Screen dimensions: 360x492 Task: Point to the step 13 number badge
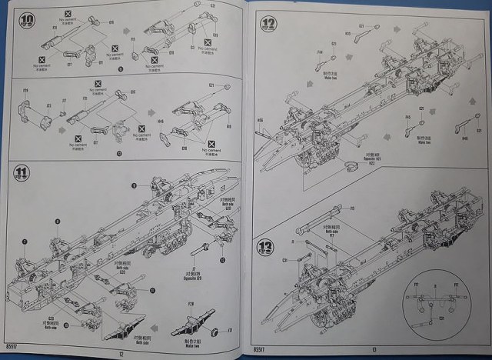[x=265, y=248]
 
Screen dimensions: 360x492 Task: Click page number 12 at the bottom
[x=121, y=353]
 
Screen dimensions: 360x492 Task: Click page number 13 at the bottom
[x=373, y=350]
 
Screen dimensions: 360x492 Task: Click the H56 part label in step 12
[x=260, y=120]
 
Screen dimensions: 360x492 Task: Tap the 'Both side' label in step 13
[x=331, y=232]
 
